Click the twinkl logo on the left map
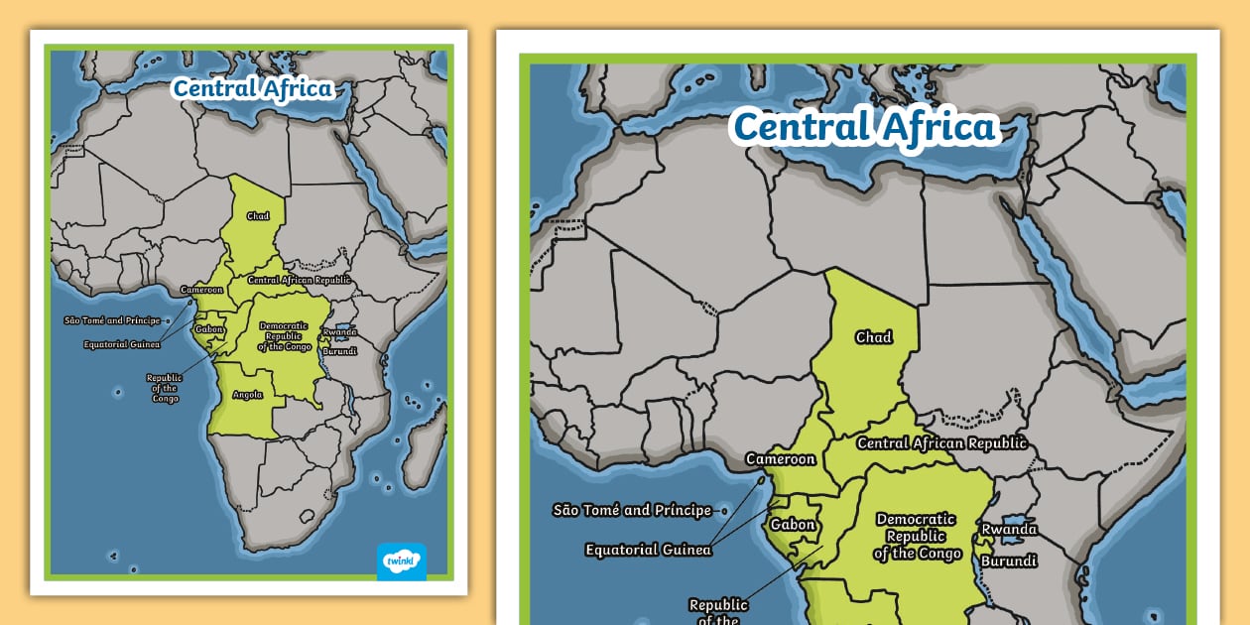[x=401, y=561]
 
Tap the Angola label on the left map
[x=247, y=394]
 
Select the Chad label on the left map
[x=258, y=215]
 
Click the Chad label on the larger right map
[x=873, y=337]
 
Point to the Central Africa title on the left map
[x=252, y=88]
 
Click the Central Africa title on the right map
[x=863, y=128]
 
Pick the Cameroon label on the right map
[x=781, y=459]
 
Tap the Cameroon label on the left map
[x=201, y=290]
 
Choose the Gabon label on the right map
[x=793, y=525]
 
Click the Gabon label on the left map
[x=208, y=328]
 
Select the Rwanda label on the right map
[x=1009, y=529]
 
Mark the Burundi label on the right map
[x=1009, y=561]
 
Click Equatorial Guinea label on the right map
[x=648, y=550]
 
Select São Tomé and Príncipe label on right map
[x=632, y=510]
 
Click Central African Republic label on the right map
[x=941, y=443]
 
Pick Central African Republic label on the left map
[x=299, y=280]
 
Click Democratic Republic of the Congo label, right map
[x=917, y=536]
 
